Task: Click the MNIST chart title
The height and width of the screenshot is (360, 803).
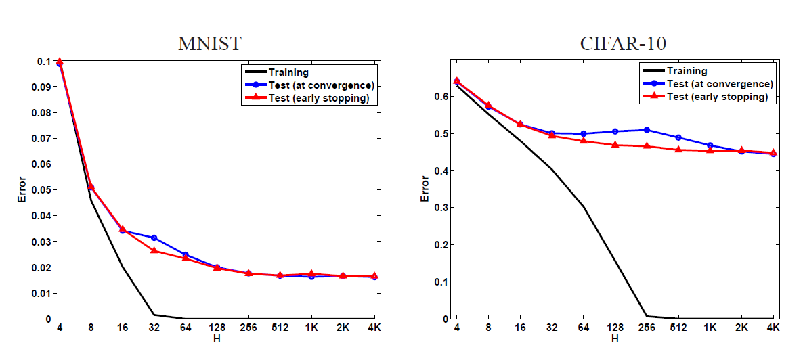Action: point(209,44)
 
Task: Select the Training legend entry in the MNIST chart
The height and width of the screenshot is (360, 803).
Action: point(288,72)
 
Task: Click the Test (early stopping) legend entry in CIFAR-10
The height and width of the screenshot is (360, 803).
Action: point(717,97)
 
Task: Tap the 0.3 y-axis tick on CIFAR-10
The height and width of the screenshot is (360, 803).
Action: point(444,208)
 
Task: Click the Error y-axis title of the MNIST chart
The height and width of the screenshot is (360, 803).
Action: point(22,190)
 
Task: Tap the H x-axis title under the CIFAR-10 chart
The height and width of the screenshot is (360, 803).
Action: point(614,338)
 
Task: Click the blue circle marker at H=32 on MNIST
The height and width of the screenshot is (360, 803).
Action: point(154,238)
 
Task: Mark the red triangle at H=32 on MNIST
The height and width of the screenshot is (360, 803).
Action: point(154,250)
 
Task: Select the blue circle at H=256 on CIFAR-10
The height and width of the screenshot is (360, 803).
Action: point(646,130)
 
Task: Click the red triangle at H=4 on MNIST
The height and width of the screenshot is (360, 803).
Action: point(60,62)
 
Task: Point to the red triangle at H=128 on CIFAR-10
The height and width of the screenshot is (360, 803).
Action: point(614,145)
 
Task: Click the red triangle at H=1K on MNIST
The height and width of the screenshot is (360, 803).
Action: point(312,273)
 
